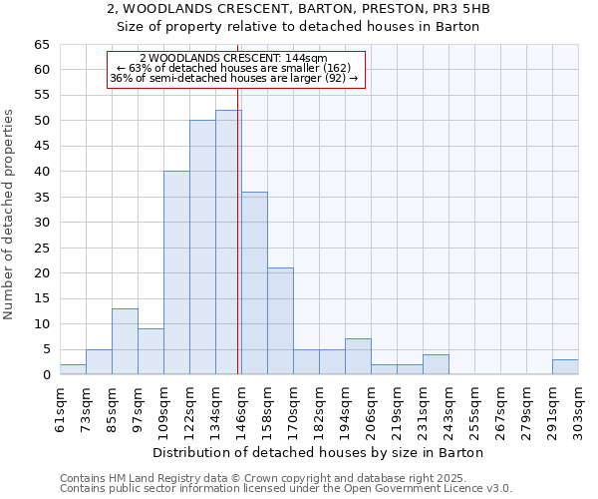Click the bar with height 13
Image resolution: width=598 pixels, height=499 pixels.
(125, 341)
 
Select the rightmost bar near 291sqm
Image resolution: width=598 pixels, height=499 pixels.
(565, 367)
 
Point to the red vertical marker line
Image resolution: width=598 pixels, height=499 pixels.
(238, 249)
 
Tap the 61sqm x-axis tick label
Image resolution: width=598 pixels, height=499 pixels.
(60, 410)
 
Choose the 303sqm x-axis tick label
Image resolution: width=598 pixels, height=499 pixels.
(578, 410)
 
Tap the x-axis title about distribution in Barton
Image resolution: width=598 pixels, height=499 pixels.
(319, 452)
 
